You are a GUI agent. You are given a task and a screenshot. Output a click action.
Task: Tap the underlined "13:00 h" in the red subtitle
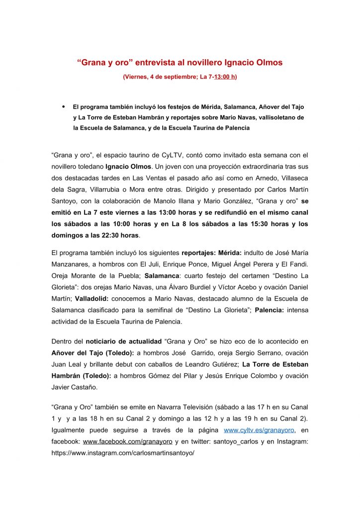click(x=225, y=77)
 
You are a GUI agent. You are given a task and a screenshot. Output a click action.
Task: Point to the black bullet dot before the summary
click(x=63, y=106)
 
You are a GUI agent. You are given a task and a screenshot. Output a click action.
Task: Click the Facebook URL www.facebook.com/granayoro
click(x=127, y=441)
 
